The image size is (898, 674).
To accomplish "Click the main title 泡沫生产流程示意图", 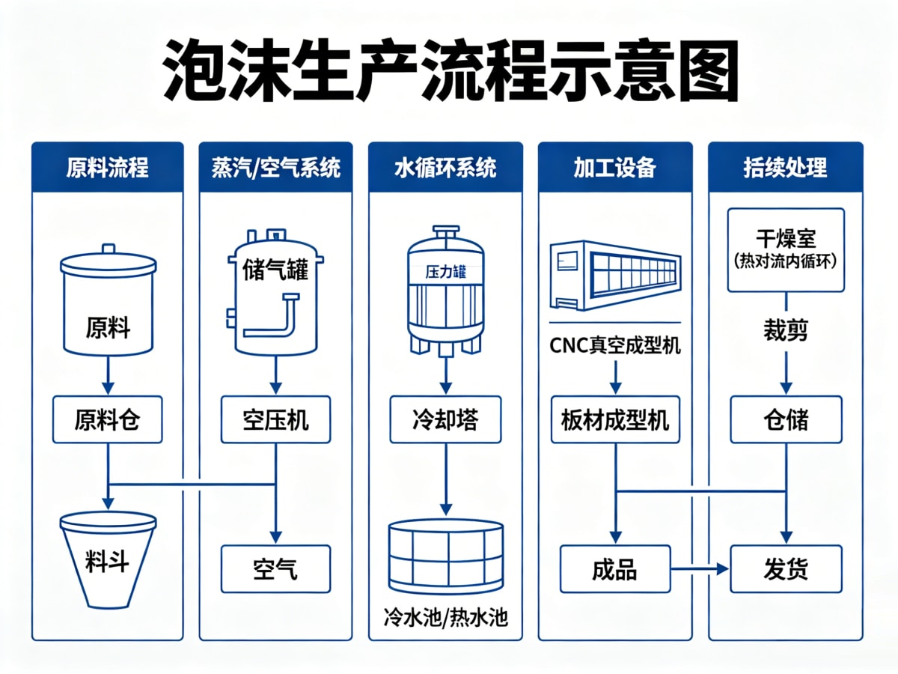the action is [x=450, y=70].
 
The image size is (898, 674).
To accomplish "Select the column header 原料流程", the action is [x=108, y=167].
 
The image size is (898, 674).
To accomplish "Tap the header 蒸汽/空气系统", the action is [x=275, y=167].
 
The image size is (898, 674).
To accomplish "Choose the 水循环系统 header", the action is [x=445, y=167].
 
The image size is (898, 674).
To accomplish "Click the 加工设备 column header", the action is [x=615, y=167].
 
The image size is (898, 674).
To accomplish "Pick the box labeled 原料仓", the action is [x=108, y=419].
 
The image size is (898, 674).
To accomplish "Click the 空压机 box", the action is [x=275, y=419].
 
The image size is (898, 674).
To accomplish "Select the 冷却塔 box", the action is [x=445, y=419].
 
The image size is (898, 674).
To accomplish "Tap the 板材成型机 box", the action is [x=615, y=419].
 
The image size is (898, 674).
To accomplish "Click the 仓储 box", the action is [x=786, y=419].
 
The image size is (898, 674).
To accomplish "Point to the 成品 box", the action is [x=615, y=569].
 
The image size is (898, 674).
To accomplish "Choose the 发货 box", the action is [x=786, y=569].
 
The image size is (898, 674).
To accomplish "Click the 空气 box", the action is [x=275, y=569].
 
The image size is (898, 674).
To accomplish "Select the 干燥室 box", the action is [x=786, y=250].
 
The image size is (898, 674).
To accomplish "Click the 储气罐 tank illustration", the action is [x=275, y=292].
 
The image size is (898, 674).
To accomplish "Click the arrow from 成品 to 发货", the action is [x=700, y=569].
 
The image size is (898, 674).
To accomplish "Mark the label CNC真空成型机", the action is [x=615, y=346].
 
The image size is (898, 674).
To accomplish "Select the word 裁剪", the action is [x=786, y=331].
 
